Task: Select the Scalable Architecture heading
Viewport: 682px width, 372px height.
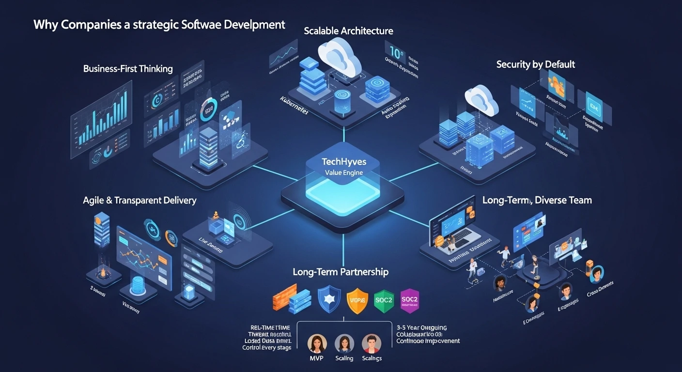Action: pos(348,31)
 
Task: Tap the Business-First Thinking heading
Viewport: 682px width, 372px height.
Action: pos(128,68)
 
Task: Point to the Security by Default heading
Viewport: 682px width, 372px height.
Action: pos(536,64)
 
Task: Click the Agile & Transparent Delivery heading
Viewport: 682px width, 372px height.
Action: pos(139,200)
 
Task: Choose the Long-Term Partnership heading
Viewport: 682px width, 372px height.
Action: pos(341,272)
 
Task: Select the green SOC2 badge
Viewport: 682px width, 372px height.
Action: pos(384,300)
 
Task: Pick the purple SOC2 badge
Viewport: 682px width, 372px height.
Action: pos(410,300)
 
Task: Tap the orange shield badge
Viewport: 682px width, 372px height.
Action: pos(357,301)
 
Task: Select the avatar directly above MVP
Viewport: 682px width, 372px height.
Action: pos(317,343)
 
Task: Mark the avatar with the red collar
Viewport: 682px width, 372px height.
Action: pos(371,343)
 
